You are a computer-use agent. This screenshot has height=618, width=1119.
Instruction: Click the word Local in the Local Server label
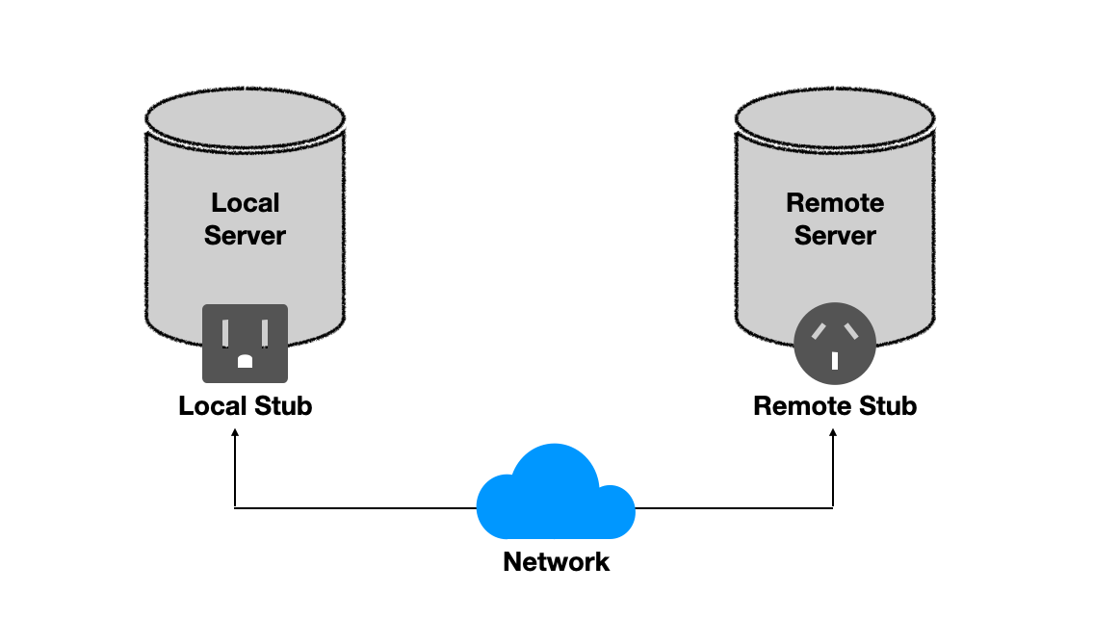(246, 203)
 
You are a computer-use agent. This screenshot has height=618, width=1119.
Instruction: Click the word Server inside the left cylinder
(246, 236)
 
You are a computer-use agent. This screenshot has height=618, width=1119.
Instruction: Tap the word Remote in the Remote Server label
(835, 203)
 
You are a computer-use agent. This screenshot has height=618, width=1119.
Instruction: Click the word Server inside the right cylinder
(835, 236)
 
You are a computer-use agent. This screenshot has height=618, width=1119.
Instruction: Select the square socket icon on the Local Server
(245, 344)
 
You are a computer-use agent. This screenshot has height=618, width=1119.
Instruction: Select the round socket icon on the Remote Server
(835, 347)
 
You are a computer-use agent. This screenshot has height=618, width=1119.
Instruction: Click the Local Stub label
(246, 406)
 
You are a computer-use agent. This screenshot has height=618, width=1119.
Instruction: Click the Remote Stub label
(835, 406)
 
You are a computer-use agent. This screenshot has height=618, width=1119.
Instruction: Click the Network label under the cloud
(557, 562)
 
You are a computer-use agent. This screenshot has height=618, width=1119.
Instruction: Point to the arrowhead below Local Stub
(235, 435)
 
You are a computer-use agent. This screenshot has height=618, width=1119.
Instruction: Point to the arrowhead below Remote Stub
(833, 435)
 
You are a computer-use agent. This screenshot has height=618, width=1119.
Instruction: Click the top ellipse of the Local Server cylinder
(245, 117)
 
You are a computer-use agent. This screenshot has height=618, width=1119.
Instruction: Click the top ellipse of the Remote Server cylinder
(834, 117)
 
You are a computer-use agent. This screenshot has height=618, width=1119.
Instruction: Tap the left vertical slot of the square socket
(226, 333)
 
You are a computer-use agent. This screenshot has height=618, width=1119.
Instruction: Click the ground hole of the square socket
(245, 361)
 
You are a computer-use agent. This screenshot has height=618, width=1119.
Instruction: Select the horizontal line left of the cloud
(356, 506)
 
